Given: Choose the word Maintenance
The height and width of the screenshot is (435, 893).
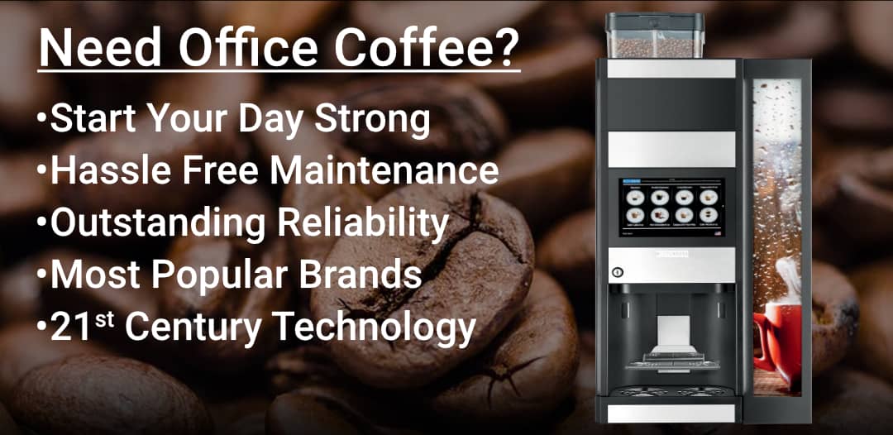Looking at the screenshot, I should pos(384,171).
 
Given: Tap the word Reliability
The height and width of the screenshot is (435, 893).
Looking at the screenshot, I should pos(361,223).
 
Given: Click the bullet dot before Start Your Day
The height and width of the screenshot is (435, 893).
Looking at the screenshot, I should pos(41,120).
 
